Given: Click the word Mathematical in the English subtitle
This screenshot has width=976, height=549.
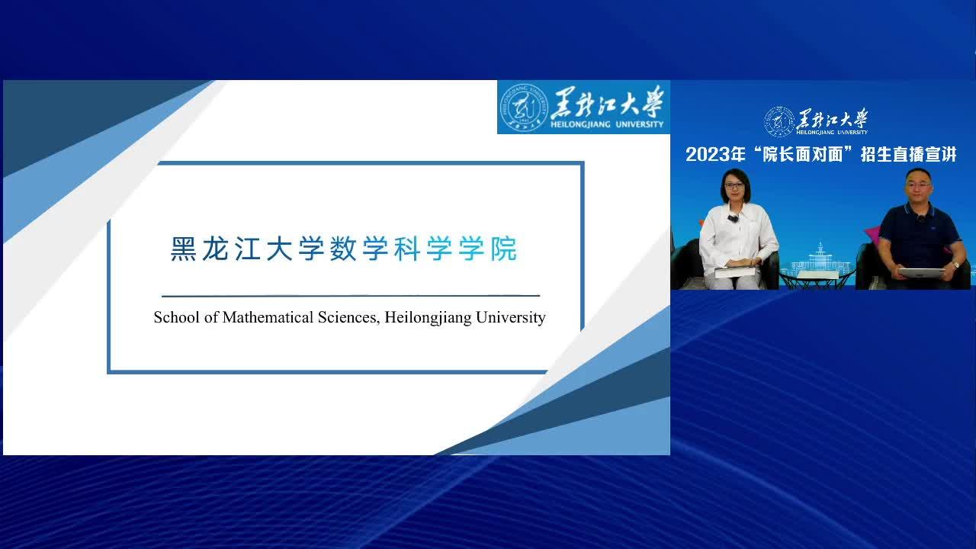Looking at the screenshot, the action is tap(268, 318).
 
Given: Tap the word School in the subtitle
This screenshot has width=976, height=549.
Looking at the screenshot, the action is tap(176, 318).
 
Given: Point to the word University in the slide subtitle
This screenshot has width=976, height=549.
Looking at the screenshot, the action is tap(511, 319).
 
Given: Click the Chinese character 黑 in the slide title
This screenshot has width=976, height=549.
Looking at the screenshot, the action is tap(183, 249).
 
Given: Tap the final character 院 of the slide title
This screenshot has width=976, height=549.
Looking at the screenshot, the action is tap(504, 249).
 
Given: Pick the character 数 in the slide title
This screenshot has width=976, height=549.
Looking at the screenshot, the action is tap(343, 249).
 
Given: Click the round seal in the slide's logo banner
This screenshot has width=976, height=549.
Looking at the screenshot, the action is tap(524, 108).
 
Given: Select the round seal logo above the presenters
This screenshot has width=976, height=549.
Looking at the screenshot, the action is tap(779, 121).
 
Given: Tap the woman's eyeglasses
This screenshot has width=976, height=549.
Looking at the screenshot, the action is tap(734, 186).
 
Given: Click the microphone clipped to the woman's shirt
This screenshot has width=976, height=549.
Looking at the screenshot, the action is tap(733, 217).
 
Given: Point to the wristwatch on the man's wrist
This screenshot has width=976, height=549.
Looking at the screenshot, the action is tap(955, 265).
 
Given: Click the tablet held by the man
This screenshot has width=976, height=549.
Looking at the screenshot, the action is tap(921, 273).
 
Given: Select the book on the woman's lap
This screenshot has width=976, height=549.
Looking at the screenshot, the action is tap(734, 272).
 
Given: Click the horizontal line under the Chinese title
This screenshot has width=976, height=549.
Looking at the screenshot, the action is tap(351, 296).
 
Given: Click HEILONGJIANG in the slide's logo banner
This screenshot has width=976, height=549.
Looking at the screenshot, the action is tap(580, 124).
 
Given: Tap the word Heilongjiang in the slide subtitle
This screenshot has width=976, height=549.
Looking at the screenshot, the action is tap(428, 319).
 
